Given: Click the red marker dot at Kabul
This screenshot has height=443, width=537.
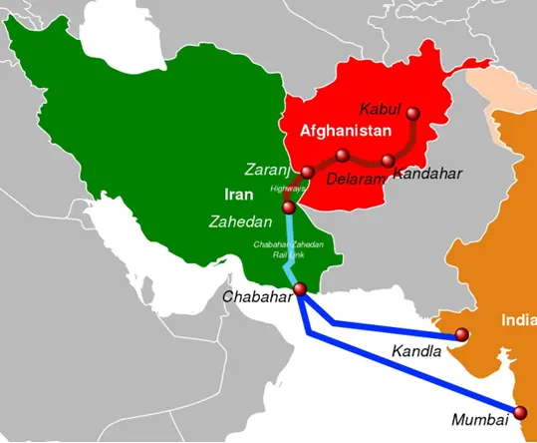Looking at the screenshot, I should tap(412, 114).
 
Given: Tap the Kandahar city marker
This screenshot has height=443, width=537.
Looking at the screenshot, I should tap(389, 161).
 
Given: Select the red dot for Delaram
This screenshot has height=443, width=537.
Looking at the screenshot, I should tap(342, 156).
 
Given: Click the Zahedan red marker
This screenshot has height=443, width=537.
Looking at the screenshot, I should tap(289, 208).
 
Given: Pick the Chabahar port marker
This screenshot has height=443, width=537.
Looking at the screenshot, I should tap(300, 289).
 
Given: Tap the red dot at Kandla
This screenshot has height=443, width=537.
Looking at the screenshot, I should tap(461, 334).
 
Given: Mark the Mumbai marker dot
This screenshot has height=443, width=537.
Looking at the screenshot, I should tap(518, 412).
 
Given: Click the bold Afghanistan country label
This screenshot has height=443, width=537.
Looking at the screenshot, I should tap(345, 131).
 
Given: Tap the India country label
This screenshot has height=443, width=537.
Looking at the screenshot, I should tap(518, 320).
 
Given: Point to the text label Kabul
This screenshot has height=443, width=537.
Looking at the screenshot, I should tap(381, 108).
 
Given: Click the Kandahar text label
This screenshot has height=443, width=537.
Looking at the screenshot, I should tap(427, 174).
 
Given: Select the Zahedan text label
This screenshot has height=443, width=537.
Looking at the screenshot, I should tap(240, 221).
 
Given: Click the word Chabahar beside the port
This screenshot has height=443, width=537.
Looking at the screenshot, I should tap(257, 296).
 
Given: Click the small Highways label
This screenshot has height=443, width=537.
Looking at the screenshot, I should tap(288, 189).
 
